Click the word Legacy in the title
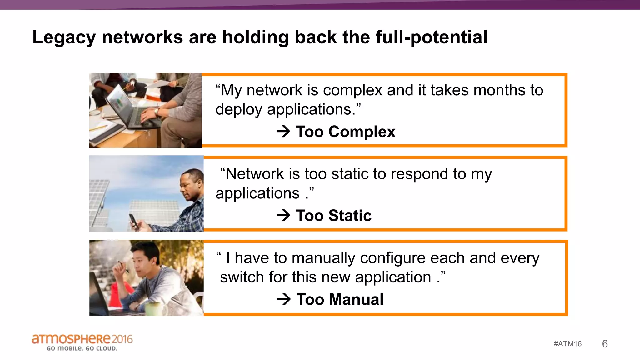[x=64, y=37]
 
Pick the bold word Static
[x=350, y=216]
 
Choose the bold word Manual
[x=356, y=299]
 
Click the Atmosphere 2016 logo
[x=82, y=339]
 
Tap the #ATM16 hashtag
[x=567, y=344]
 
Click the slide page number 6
[x=605, y=344]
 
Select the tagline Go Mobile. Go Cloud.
[x=82, y=348]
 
